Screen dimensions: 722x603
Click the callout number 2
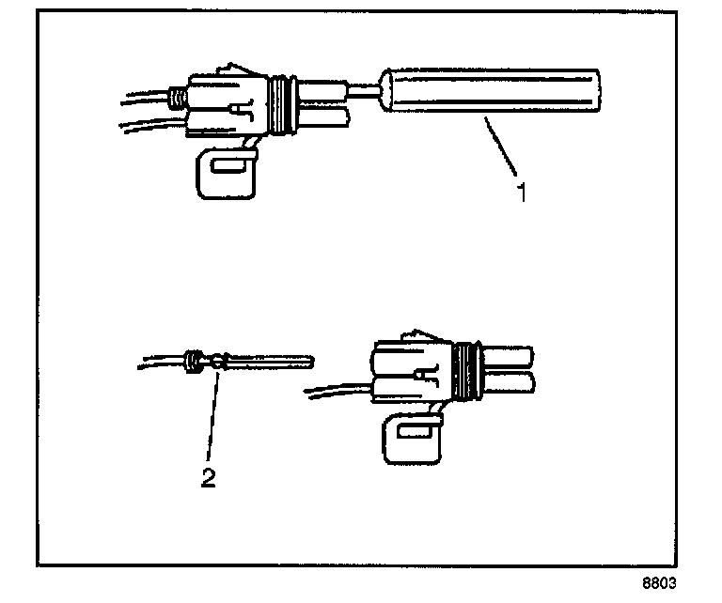209,476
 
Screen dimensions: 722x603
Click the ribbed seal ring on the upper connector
278,103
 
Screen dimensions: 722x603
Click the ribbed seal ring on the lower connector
462,368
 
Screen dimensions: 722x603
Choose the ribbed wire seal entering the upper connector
174,96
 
